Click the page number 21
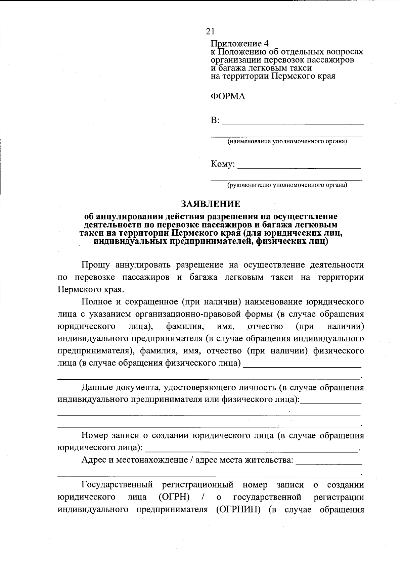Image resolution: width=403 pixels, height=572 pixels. [x=210, y=31]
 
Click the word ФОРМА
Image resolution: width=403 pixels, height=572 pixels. [x=228, y=97]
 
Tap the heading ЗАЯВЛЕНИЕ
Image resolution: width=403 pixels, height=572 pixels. [x=211, y=204]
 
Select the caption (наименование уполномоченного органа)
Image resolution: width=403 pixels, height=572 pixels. [x=287, y=141]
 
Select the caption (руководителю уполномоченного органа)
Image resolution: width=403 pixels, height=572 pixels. [x=287, y=185]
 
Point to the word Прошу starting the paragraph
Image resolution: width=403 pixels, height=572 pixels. [x=96, y=265]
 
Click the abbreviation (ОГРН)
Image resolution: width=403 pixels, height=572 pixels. [x=174, y=497]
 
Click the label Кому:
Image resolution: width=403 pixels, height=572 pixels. [x=222, y=164]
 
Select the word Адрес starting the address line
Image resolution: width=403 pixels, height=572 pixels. [x=94, y=460]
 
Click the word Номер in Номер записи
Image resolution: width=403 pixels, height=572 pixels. [x=95, y=436]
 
